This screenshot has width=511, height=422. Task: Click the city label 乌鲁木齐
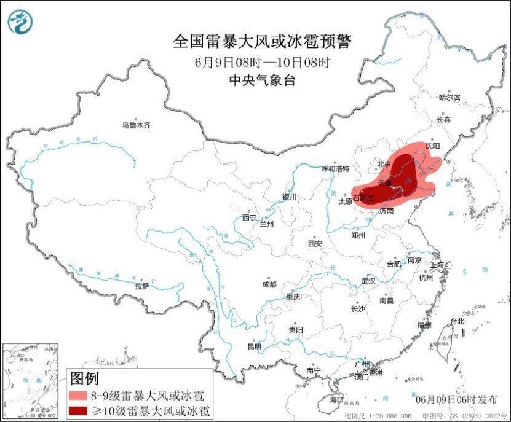tap(135, 125)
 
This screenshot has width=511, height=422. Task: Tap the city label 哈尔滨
tap(450, 97)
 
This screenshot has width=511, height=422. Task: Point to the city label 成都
tap(269, 284)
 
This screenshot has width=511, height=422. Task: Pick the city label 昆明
tap(254, 346)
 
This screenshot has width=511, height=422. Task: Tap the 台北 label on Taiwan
tap(458, 321)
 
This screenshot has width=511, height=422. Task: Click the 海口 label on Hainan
tap(336, 399)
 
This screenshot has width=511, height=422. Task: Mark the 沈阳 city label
tap(433, 146)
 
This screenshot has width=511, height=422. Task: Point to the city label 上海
tap(438, 265)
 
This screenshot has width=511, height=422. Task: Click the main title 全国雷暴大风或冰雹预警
tap(262, 42)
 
